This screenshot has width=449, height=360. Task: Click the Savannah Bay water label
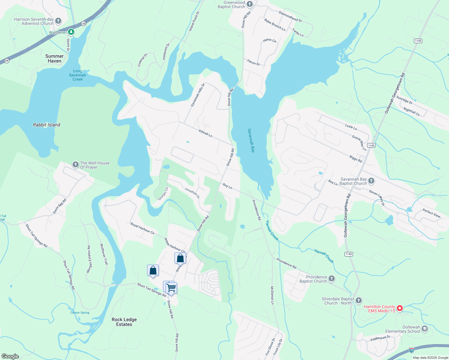pyautogui.click(x=251, y=140)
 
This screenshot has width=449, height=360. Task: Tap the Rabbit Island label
pyautogui.click(x=47, y=125)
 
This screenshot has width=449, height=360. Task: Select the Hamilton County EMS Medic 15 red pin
pyautogui.click(x=399, y=308)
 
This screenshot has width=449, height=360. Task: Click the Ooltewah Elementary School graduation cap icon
pyautogui.click(x=424, y=329)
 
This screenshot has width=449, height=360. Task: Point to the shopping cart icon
pyautogui.click(x=171, y=288)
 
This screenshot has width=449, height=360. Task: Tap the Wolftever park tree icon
pyautogui.click(x=71, y=31)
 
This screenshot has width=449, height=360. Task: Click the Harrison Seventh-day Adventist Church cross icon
pyautogui.click(x=58, y=21)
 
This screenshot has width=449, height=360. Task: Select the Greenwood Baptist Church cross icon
pyautogui.click(x=250, y=4)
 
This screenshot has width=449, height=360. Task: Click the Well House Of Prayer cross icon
pyautogui.click(x=76, y=164)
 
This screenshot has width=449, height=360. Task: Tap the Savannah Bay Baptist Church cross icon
pyautogui.click(x=371, y=181)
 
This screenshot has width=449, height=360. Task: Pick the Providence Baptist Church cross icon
pyautogui.click(x=331, y=279)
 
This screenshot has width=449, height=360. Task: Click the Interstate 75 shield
pyautogui.click(x=411, y=350)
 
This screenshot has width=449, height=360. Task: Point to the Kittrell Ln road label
pyautogui.click(x=206, y=133)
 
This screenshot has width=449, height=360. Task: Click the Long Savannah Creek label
pyautogui.click(x=77, y=75)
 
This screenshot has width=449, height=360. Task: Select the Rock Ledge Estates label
pyautogui.click(x=124, y=322)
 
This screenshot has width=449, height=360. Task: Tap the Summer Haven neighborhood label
pyautogui.click(x=54, y=58)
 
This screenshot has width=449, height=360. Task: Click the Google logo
pyautogui.click(x=10, y=356)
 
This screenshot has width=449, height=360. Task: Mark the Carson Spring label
pyautogui.click(x=80, y=313)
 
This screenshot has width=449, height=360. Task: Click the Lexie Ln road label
pyautogui.click(x=351, y=127)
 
